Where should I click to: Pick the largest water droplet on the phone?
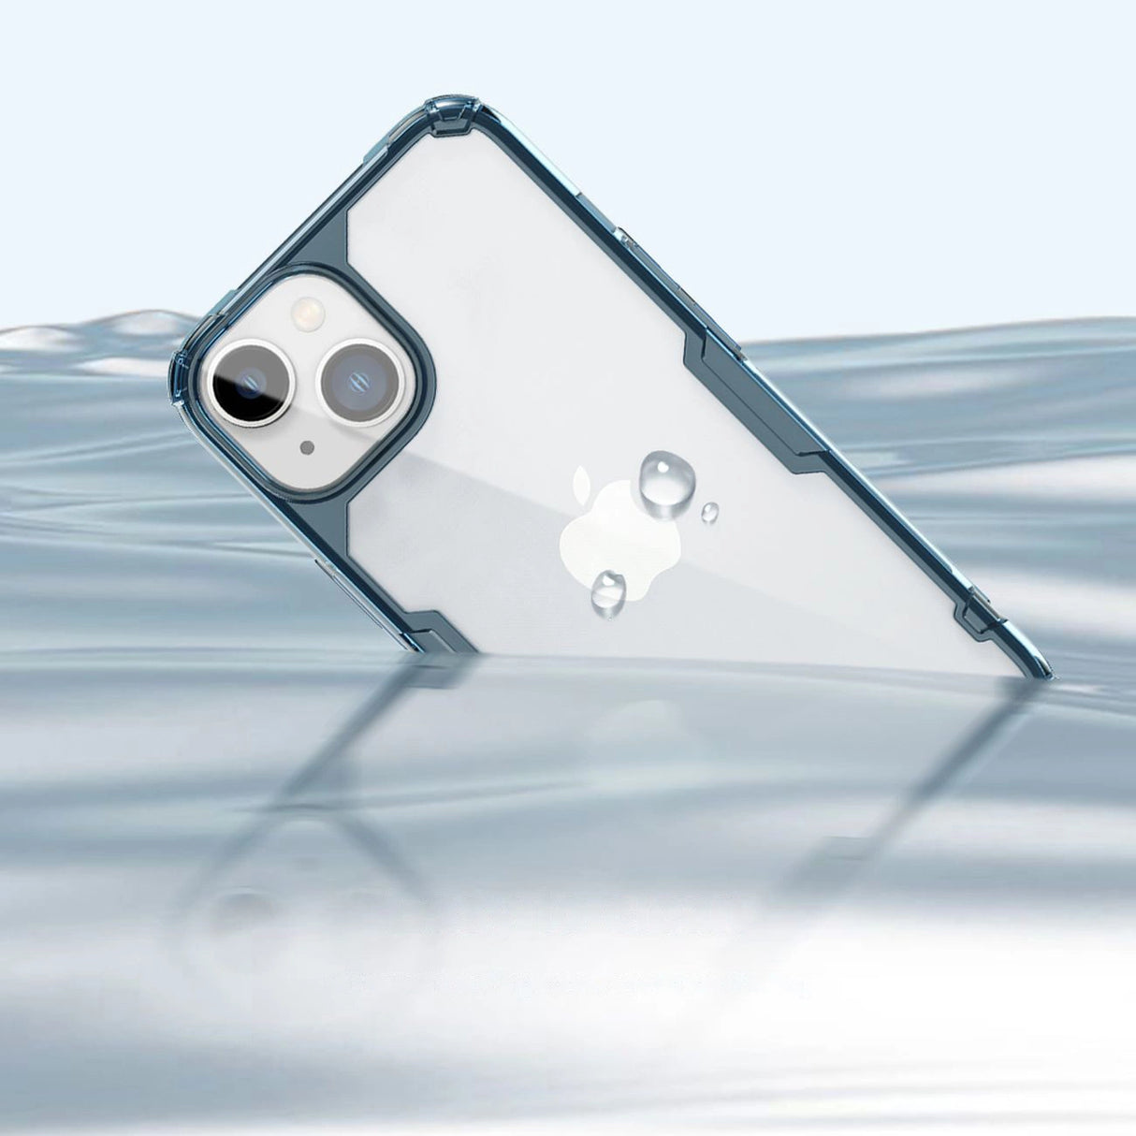666,478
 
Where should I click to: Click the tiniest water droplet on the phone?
710,512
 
